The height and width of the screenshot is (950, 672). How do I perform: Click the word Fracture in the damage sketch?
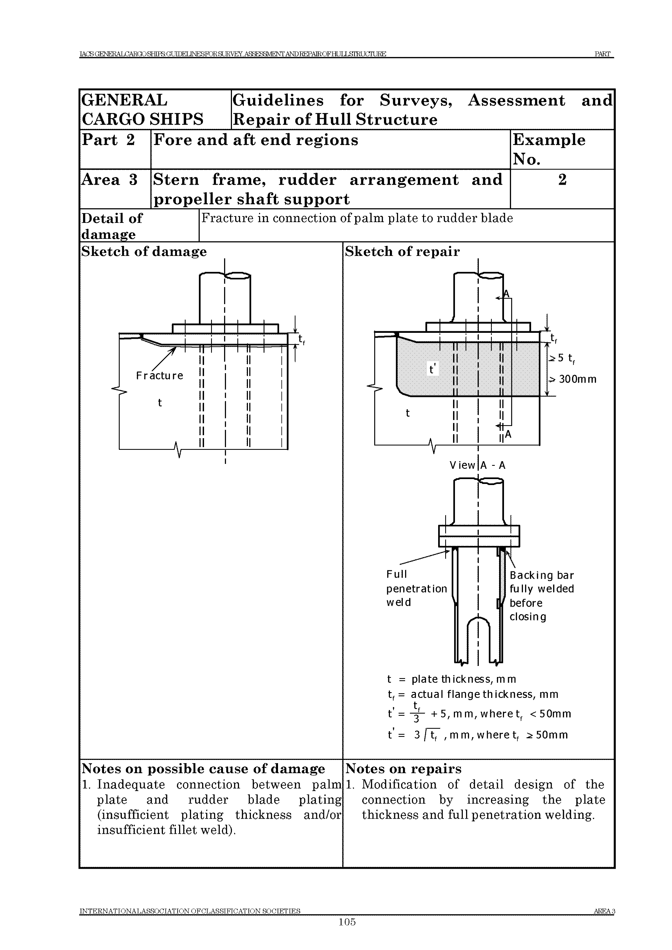(x=159, y=376)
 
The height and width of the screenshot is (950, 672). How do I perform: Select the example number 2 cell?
(x=562, y=180)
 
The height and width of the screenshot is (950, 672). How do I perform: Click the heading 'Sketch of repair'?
(x=402, y=252)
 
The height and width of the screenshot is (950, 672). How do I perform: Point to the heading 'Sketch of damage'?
(x=144, y=252)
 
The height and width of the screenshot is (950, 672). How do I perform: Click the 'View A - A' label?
(x=477, y=466)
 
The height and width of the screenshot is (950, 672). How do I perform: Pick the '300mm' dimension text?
(x=578, y=379)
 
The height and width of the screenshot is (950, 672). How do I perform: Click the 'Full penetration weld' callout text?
(x=416, y=588)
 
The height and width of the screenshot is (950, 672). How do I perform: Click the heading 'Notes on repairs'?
(x=403, y=769)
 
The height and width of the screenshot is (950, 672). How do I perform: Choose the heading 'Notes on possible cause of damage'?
(x=203, y=769)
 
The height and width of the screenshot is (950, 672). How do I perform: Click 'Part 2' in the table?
(x=108, y=140)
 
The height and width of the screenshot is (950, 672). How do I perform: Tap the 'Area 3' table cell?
(x=109, y=180)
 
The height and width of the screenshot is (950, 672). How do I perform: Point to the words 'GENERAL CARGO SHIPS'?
(x=143, y=110)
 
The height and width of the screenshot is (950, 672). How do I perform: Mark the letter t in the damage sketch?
(x=160, y=403)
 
